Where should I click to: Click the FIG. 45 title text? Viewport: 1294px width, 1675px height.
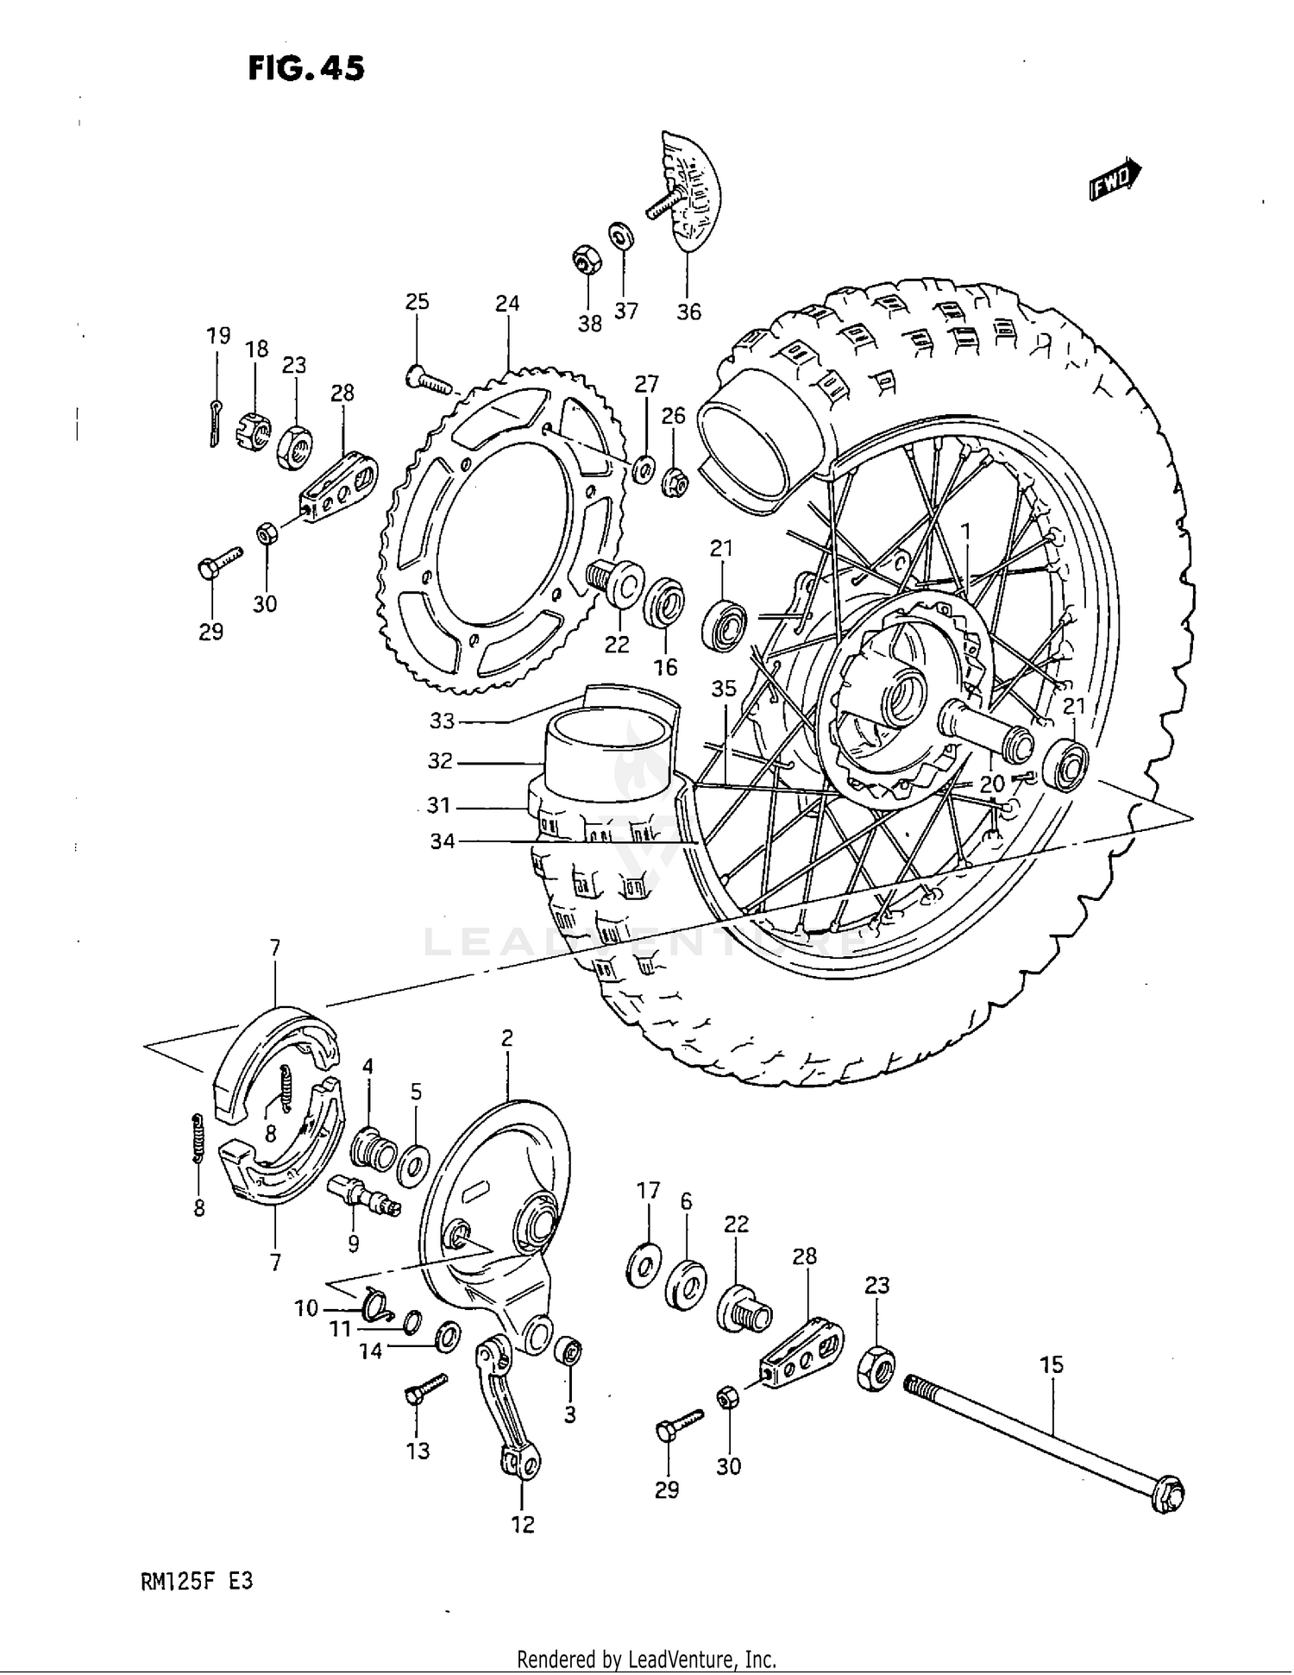(306, 68)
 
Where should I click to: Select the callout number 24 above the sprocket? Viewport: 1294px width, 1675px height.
(507, 303)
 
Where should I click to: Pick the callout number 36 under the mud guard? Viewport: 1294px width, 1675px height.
(688, 312)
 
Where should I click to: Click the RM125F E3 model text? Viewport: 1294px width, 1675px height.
(198, 1584)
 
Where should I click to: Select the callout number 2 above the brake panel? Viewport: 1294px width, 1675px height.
(507, 1038)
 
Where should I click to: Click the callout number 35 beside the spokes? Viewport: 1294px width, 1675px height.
(724, 688)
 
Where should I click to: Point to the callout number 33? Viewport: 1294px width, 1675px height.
(442, 720)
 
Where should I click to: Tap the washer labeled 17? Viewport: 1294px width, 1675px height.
(644, 1265)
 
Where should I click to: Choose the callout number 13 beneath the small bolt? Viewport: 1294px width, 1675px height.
(418, 1451)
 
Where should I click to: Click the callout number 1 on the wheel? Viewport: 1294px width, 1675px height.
(966, 530)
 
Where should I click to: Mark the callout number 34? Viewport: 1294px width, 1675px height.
(442, 841)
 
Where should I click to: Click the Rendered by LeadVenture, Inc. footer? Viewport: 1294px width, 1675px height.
(646, 1659)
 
